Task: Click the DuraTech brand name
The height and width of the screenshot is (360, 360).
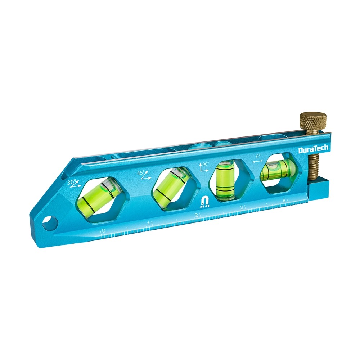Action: tap(313, 148)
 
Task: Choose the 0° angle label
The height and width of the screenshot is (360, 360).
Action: tap(258, 157)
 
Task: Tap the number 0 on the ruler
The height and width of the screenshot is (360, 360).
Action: tap(103, 231)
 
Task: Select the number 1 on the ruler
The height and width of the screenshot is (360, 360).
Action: tap(149, 223)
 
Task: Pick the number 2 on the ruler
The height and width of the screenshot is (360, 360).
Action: tap(196, 215)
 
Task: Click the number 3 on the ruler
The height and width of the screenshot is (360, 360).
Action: tap(241, 208)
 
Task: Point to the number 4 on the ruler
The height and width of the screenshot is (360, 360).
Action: tap(284, 200)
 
